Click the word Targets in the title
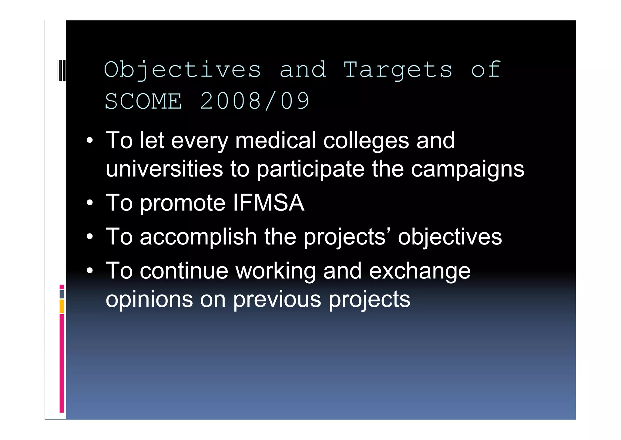(398, 70)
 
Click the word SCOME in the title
(143, 101)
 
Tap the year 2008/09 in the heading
(255, 101)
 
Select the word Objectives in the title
(182, 70)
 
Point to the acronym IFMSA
(269, 203)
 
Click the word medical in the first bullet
(275, 141)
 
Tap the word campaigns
(468, 169)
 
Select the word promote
(183, 203)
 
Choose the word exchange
(420, 271)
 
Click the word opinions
(149, 299)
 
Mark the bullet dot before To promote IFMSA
(89, 203)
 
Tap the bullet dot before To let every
(89, 141)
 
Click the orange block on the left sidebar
(62, 306)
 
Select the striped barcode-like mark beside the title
(62, 70)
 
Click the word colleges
(366, 141)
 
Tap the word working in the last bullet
(276, 271)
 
